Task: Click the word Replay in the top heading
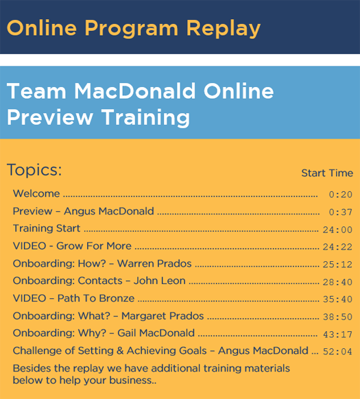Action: (x=224, y=29)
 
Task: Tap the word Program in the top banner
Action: (x=131, y=29)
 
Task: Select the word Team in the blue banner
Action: (x=36, y=91)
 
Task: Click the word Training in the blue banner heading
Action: (x=145, y=117)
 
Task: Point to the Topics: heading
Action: (x=34, y=169)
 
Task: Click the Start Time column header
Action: (x=327, y=173)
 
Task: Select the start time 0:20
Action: (x=340, y=195)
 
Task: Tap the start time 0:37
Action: (x=340, y=213)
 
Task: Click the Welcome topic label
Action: (x=36, y=193)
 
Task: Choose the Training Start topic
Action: (x=47, y=228)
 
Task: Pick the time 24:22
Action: (x=337, y=247)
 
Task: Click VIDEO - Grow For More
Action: (x=72, y=246)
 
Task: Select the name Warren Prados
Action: (x=154, y=264)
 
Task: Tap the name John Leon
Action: (x=160, y=281)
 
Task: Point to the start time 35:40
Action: (x=337, y=300)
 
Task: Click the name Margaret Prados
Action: (x=163, y=316)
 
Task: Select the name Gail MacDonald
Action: (x=156, y=333)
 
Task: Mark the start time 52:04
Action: (x=337, y=352)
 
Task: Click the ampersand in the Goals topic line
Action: (x=120, y=350)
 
